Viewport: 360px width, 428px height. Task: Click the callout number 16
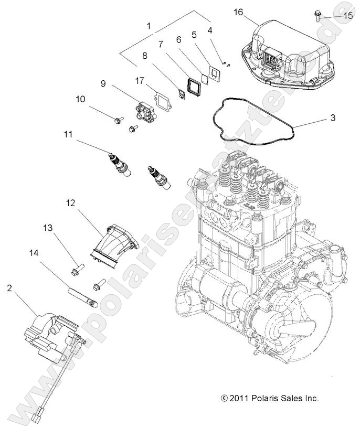(x=238, y=12)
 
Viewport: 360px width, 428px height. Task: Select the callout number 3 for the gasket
(x=333, y=118)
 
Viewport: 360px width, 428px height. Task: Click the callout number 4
(x=210, y=30)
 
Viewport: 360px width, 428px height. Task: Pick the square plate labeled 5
(x=213, y=73)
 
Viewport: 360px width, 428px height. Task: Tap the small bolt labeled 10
(x=117, y=122)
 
